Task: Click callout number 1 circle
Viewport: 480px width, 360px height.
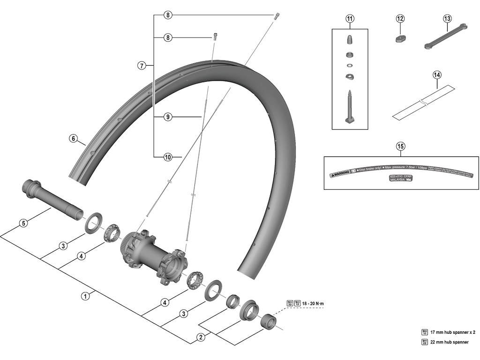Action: point(85,296)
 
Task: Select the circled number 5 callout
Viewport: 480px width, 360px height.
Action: point(23,223)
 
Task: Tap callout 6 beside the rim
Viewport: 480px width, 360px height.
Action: point(73,138)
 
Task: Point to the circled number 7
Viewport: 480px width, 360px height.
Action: point(142,66)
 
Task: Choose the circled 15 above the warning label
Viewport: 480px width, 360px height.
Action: point(400,146)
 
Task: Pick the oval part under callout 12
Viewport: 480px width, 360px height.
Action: point(399,39)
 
